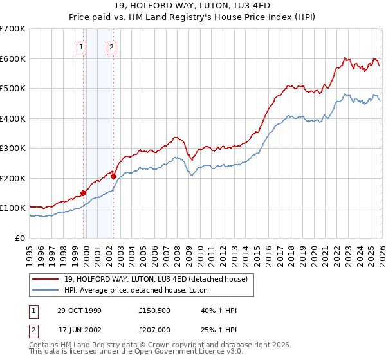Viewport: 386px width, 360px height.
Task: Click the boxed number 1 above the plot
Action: pyautogui.click(x=82, y=46)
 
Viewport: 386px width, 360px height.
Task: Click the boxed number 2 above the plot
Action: pyautogui.click(x=111, y=46)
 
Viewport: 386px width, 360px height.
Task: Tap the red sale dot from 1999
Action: pyautogui.click(x=83, y=193)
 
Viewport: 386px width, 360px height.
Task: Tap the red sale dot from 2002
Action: pyautogui.click(x=113, y=176)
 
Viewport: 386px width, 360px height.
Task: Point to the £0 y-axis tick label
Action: pyautogui.click(x=19, y=238)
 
